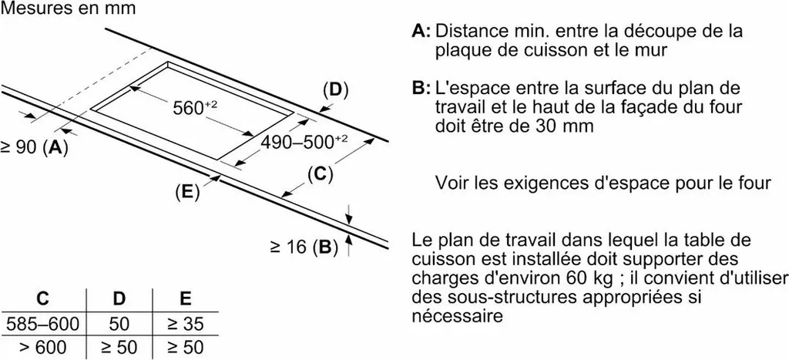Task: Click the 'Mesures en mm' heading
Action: click(69, 8)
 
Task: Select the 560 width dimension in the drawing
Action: click(193, 107)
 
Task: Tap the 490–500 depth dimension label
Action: click(304, 142)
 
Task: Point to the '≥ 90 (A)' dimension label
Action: click(34, 148)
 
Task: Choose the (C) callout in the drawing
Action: click(321, 175)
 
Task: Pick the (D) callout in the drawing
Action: click(336, 90)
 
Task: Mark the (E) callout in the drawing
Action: click(187, 192)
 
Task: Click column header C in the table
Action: click(43, 299)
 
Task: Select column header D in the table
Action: click(119, 299)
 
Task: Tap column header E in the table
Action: click(186, 299)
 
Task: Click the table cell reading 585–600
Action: click(43, 324)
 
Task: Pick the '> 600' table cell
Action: click(43, 348)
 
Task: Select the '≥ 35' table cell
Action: click(186, 324)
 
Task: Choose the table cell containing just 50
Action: click(119, 324)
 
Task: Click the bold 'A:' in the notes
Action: click(421, 31)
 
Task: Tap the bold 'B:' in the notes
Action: click(421, 89)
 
